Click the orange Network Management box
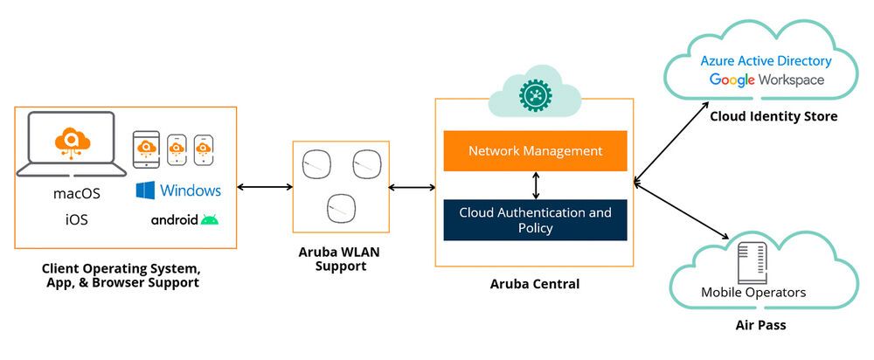pyautogui.click(x=535, y=150)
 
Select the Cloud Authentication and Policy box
pyautogui.click(x=535, y=220)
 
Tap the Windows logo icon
pyautogui.click(x=146, y=190)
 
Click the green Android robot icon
pyautogui.click(x=210, y=219)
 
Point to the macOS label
pyautogui.click(x=77, y=192)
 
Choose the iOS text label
pyautogui.click(x=77, y=220)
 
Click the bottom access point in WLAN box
pyautogui.click(x=340, y=208)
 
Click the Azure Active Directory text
pyautogui.click(x=766, y=61)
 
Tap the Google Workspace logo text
pyautogui.click(x=766, y=80)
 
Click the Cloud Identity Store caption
pyautogui.click(x=773, y=116)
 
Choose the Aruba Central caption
pyautogui.click(x=535, y=284)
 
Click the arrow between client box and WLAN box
pyautogui.click(x=265, y=186)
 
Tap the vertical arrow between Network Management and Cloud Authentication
pyautogui.click(x=536, y=185)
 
